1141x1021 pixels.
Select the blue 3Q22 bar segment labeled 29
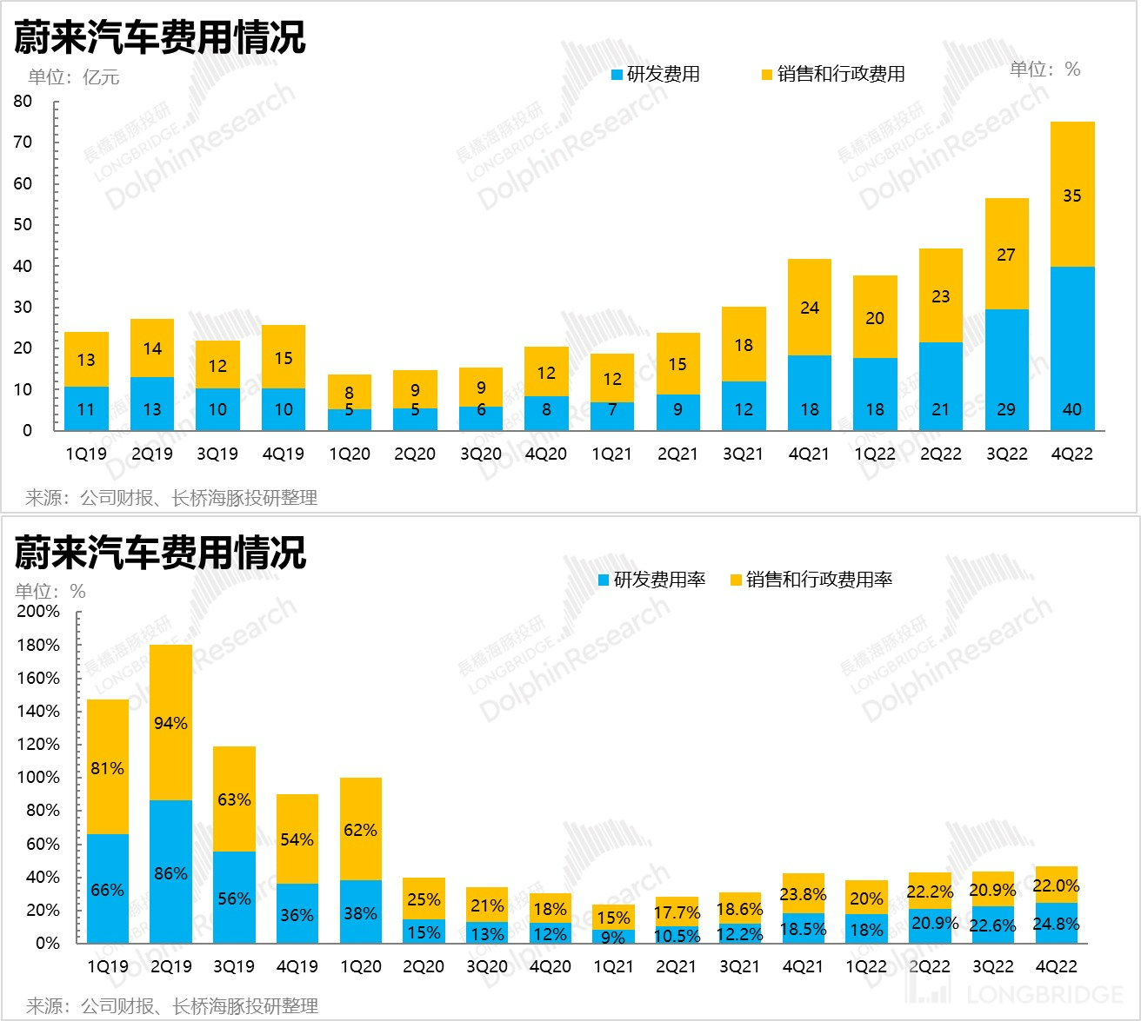coord(1006,369)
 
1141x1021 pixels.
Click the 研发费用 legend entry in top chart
coord(656,75)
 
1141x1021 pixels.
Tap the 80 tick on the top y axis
coord(23,102)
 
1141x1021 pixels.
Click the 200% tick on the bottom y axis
coord(38,612)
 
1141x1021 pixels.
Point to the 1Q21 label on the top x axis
coord(612,454)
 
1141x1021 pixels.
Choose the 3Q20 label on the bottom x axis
coord(486,966)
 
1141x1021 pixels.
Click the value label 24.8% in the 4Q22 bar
coord(1056,924)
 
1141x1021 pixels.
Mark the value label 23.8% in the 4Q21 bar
coord(803,894)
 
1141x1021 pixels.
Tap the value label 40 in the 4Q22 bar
coord(1071,409)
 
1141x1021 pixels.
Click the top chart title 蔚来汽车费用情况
coord(160,37)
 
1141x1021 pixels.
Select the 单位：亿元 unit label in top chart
coord(73,77)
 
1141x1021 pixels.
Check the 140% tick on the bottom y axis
coord(38,712)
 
